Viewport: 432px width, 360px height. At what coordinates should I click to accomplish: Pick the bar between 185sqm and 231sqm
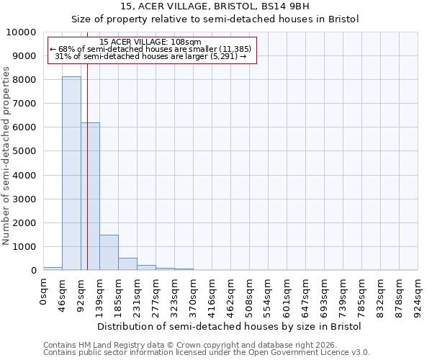pyautogui.click(x=127, y=264)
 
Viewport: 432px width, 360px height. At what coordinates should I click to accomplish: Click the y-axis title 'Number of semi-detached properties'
pyautogui.click(x=6, y=156)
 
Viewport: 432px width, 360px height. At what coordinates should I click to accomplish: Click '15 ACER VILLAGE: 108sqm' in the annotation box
pyautogui.click(x=150, y=42)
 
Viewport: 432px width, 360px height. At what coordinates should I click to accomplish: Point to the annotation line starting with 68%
pyautogui.click(x=150, y=49)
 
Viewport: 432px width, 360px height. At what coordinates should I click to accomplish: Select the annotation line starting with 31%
pyautogui.click(x=150, y=56)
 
